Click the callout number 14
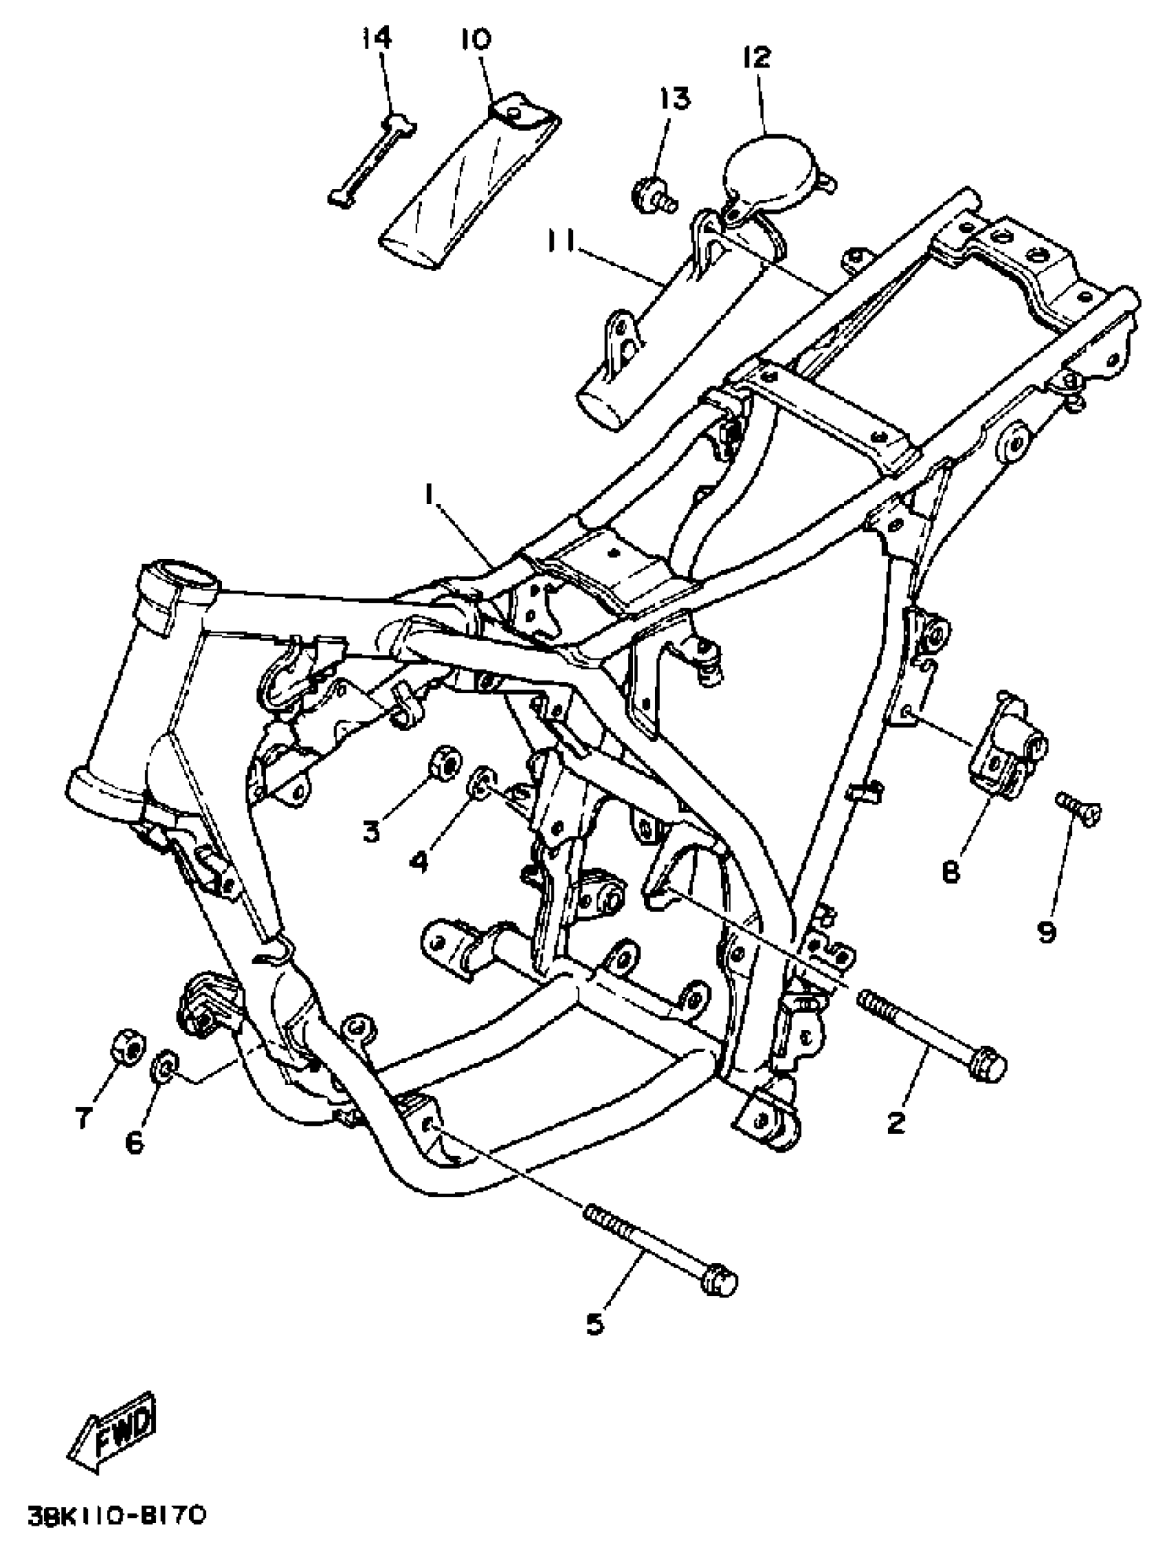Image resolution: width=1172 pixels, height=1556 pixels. [x=377, y=38]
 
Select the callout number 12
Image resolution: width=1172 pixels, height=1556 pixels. [x=756, y=57]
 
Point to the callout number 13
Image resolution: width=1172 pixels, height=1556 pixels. [x=676, y=99]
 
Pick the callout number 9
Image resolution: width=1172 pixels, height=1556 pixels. [x=1047, y=932]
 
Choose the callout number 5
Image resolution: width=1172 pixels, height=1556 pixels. [x=595, y=1324]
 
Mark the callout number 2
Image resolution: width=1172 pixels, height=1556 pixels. [x=895, y=1123]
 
